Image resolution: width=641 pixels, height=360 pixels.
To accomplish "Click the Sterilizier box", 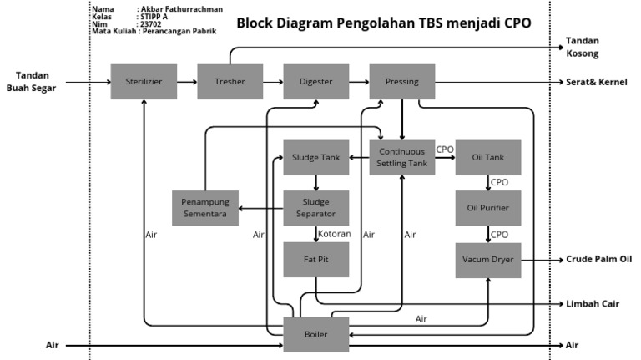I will pyautogui.click(x=144, y=82).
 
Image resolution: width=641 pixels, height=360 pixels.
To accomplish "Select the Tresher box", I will pyautogui.click(x=230, y=82).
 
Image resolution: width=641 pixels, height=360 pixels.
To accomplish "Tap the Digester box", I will pyautogui.click(x=316, y=82).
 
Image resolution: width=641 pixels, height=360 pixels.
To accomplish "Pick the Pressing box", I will pyautogui.click(x=402, y=82).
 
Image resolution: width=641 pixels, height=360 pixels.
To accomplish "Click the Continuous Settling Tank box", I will pyautogui.click(x=402, y=157).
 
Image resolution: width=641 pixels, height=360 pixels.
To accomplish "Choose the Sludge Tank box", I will pyautogui.click(x=316, y=157).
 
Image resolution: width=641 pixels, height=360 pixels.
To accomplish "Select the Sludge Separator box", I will pyautogui.click(x=316, y=208).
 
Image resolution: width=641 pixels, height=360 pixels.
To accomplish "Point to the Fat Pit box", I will pyautogui.click(x=316, y=260).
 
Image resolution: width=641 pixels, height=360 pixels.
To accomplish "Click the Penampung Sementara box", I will pyautogui.click(x=205, y=208).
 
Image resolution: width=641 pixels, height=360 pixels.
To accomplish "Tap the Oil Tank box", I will pyautogui.click(x=488, y=157).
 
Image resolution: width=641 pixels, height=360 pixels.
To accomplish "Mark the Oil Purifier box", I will pyautogui.click(x=488, y=208).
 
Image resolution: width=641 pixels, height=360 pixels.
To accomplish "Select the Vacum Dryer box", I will pyautogui.click(x=488, y=260).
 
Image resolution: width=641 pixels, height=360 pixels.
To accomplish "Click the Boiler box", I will pyautogui.click(x=316, y=335).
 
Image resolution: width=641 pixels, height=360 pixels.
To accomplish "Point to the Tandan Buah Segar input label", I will pyautogui.click(x=32, y=81).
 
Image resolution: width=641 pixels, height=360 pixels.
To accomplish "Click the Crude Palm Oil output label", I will pyautogui.click(x=598, y=260).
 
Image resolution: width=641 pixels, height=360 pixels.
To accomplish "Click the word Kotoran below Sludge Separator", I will pyautogui.click(x=334, y=234).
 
